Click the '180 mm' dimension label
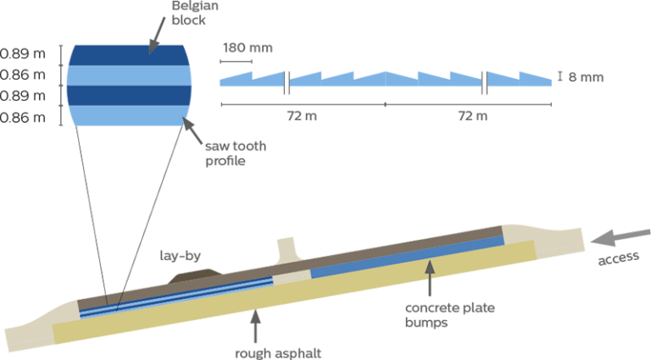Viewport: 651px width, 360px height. pos(248,47)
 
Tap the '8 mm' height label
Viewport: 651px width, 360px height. pos(586,77)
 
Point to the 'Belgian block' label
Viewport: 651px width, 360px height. pos(195,13)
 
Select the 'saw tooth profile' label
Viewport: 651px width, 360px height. pos(236,153)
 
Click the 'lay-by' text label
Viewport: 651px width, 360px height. pos(181,256)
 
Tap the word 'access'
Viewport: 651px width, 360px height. pos(618,258)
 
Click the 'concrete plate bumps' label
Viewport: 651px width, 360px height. pos(449,315)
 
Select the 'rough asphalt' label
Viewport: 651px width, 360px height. pos(278,353)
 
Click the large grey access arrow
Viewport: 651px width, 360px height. pos(620,237)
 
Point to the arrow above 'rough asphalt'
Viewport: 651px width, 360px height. pos(255,326)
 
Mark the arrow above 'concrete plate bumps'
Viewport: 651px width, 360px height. pos(430,278)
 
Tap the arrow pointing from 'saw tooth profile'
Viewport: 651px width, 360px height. pos(192,130)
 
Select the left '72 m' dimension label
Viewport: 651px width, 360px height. pos(302,116)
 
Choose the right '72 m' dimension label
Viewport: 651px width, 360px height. pos(473,116)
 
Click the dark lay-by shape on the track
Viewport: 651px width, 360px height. pos(194,276)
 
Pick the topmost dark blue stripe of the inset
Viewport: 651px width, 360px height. pos(129,55)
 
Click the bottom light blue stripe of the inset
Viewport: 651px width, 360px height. pos(129,116)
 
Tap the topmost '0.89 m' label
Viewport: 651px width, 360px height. pos(22,53)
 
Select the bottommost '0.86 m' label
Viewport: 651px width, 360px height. pos(22,118)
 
